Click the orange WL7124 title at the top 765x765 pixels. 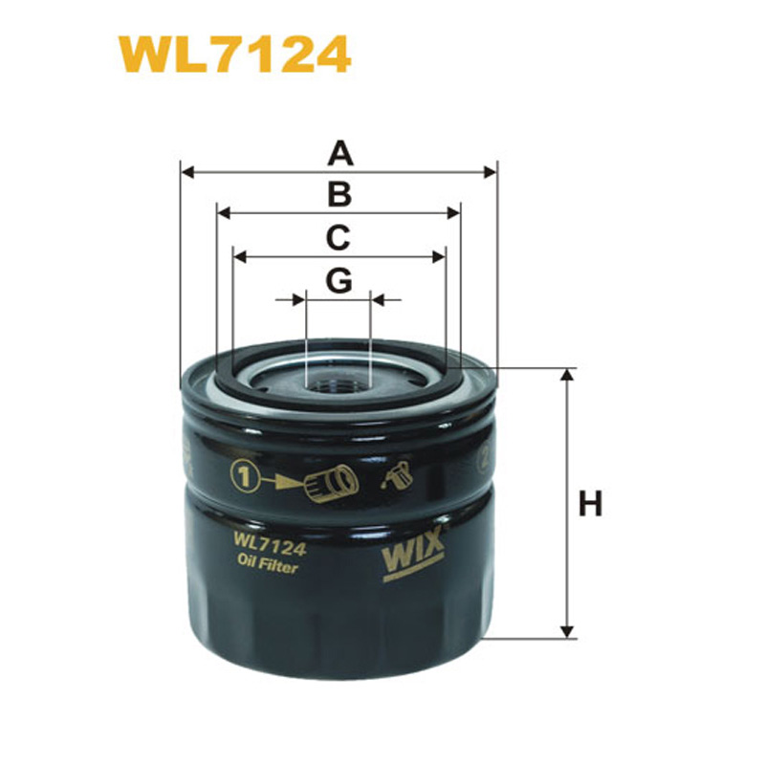click(x=235, y=55)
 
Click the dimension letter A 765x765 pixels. click(x=340, y=153)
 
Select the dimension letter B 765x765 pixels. click(x=340, y=194)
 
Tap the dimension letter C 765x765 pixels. click(x=339, y=237)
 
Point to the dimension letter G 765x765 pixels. click(x=339, y=280)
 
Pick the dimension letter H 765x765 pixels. click(x=590, y=504)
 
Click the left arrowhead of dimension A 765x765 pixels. click(x=187, y=172)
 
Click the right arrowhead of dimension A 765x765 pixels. click(x=490, y=172)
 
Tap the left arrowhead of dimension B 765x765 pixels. click(x=224, y=213)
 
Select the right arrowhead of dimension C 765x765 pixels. click(x=439, y=257)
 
